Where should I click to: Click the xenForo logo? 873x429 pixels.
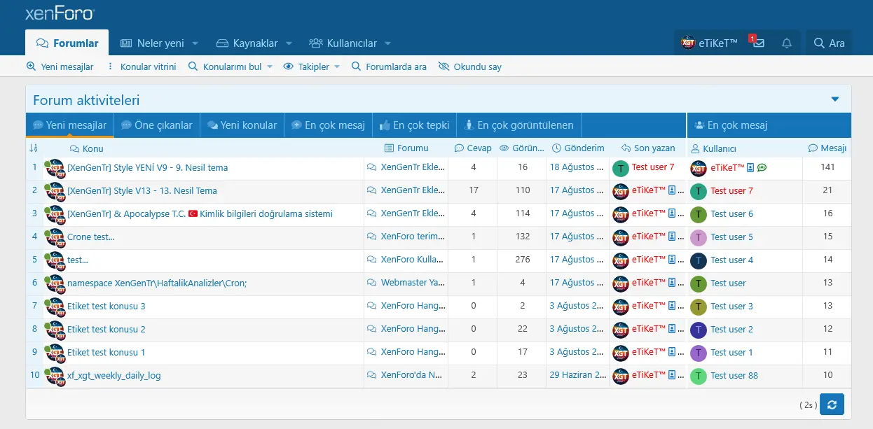(x=60, y=14)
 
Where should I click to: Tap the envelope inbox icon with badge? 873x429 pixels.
(x=758, y=43)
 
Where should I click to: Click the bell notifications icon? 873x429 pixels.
(x=787, y=43)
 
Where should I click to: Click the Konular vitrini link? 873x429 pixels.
(x=148, y=67)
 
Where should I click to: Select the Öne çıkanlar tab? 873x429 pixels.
(x=156, y=126)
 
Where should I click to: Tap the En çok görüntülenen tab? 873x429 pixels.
(x=518, y=126)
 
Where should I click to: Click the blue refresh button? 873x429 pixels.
(x=832, y=405)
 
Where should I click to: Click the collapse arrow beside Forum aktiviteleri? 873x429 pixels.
(x=835, y=99)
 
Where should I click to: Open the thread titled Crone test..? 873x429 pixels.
(x=90, y=237)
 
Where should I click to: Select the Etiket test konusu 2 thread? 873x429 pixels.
(x=106, y=330)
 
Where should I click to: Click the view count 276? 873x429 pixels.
(x=522, y=260)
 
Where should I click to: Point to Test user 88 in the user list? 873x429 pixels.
(x=734, y=376)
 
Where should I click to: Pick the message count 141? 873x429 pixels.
(x=828, y=168)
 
